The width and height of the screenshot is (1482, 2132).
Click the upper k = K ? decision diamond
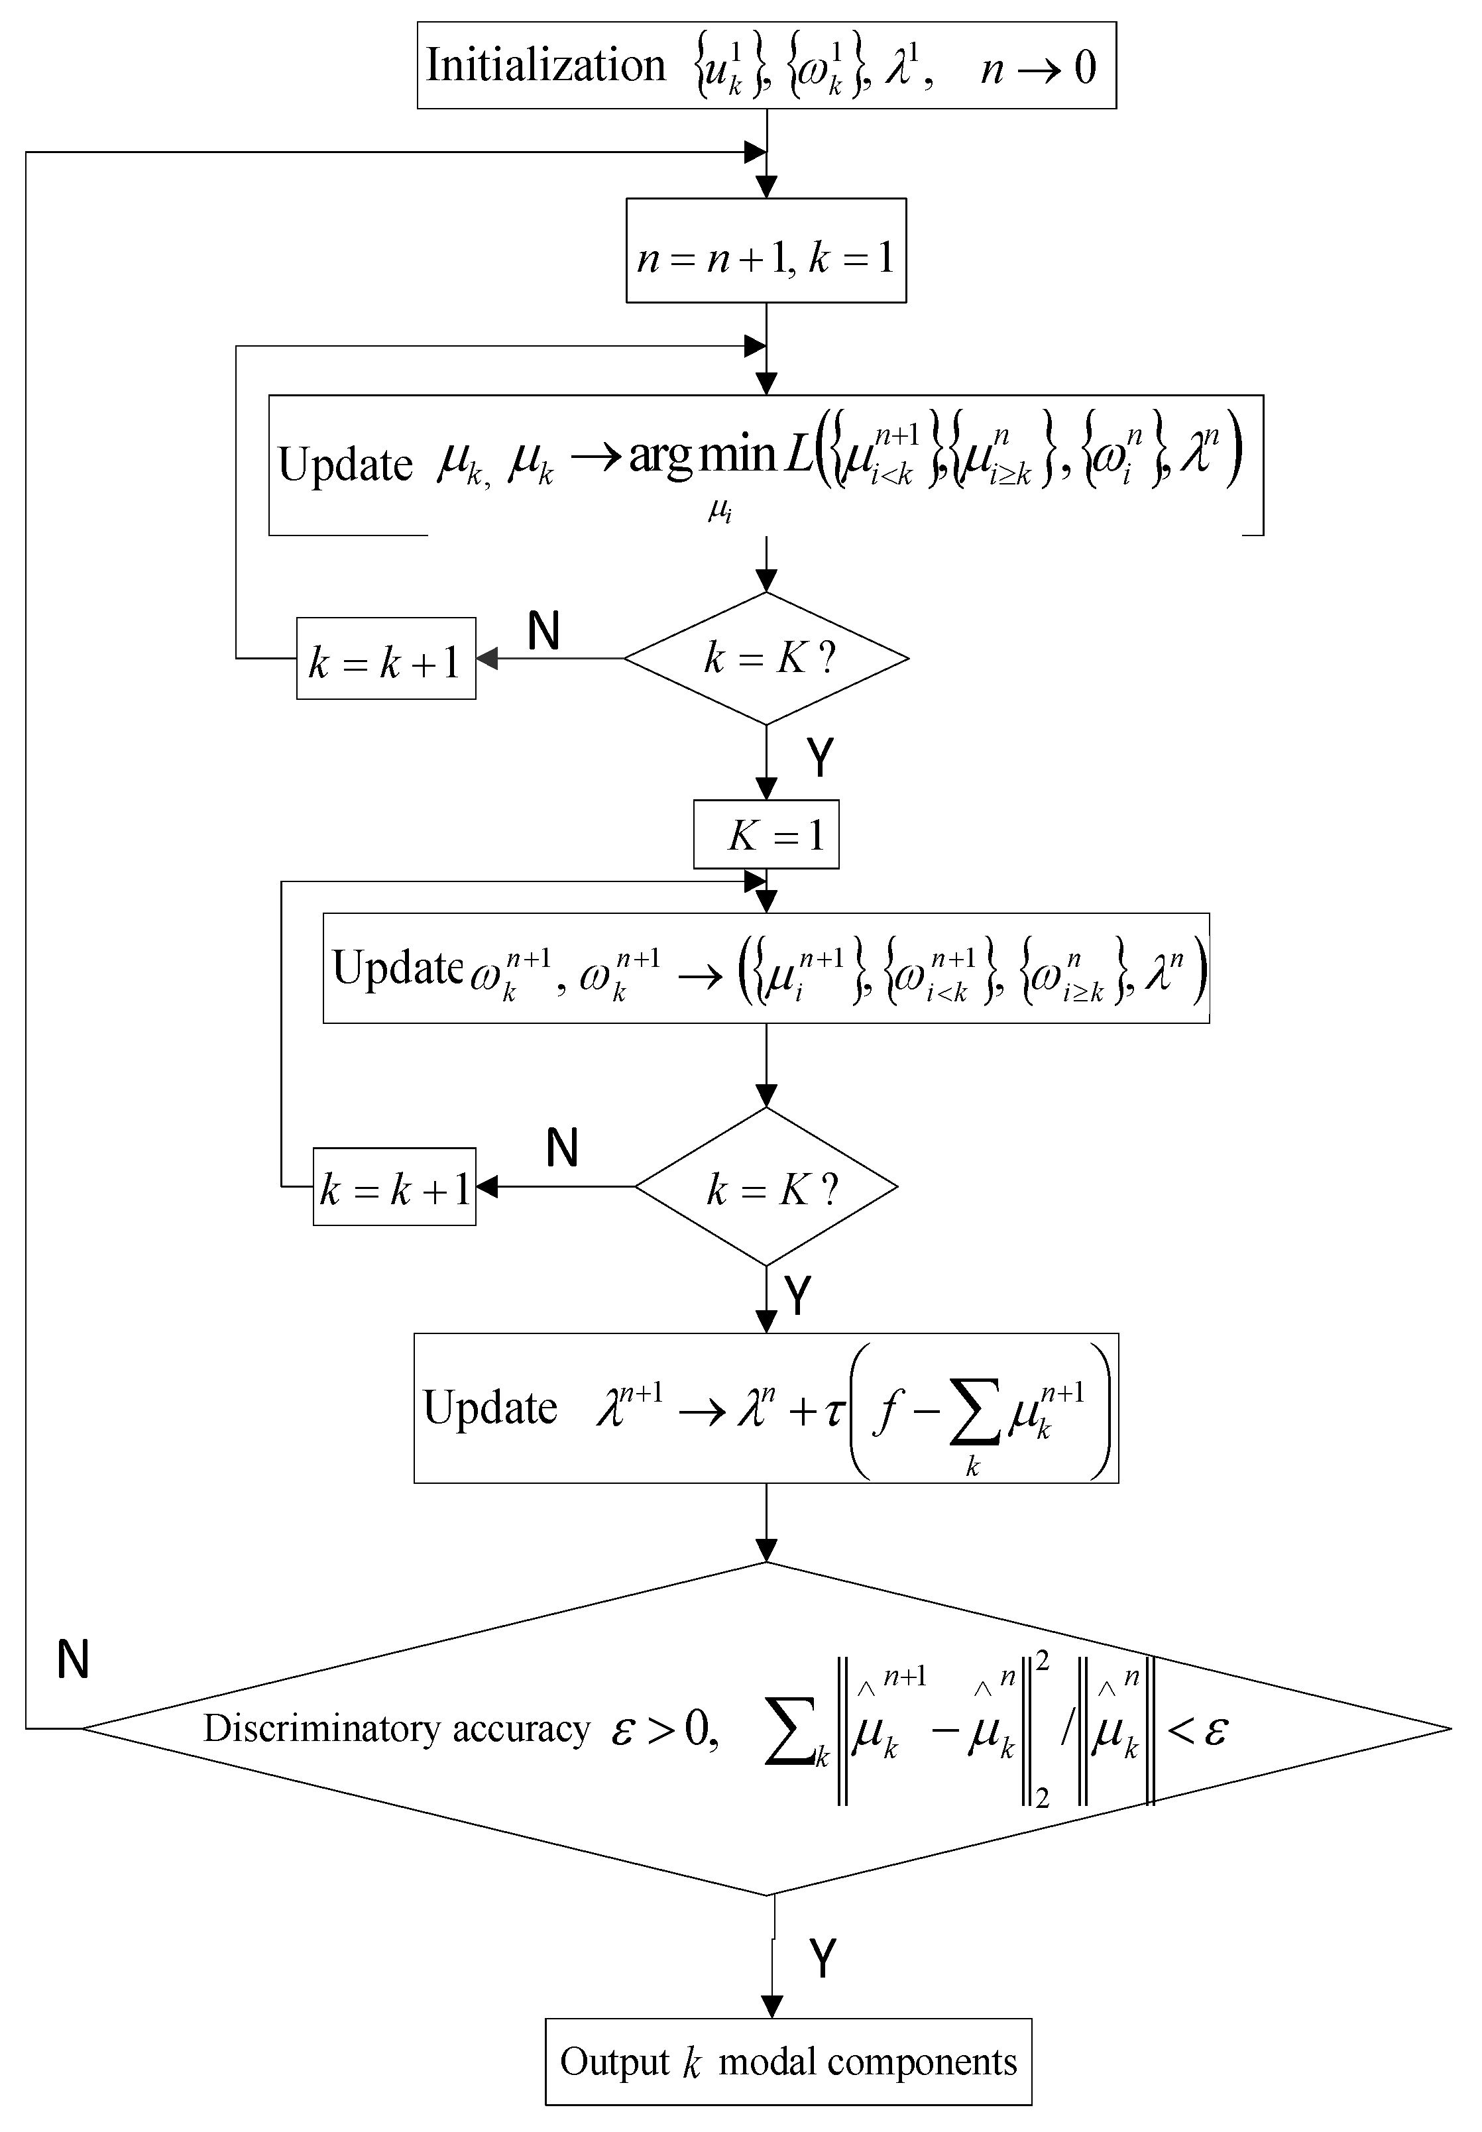(x=766, y=658)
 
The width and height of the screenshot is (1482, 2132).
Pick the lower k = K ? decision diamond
(x=766, y=1188)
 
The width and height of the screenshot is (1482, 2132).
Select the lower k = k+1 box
(x=394, y=1188)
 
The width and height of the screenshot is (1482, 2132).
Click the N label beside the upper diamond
(x=543, y=632)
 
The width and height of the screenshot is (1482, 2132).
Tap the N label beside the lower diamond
(x=562, y=1149)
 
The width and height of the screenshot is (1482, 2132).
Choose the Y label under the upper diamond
(x=820, y=759)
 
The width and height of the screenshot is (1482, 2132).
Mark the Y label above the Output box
(x=822, y=1959)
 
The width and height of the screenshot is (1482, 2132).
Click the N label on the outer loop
(x=72, y=1659)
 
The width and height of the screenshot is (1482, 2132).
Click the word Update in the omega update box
(x=398, y=968)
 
